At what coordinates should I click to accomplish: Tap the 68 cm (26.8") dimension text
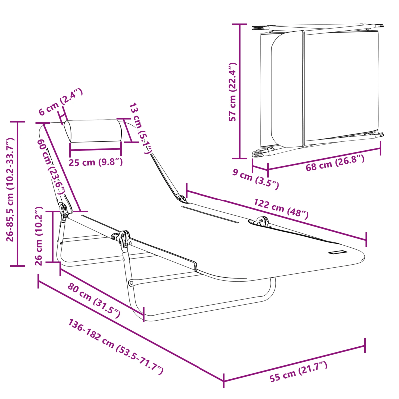(335, 163)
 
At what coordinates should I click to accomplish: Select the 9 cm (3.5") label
(256, 179)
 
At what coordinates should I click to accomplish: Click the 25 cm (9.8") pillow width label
(96, 162)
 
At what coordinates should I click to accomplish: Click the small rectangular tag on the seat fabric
(337, 252)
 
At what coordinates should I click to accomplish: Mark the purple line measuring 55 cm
(294, 363)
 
